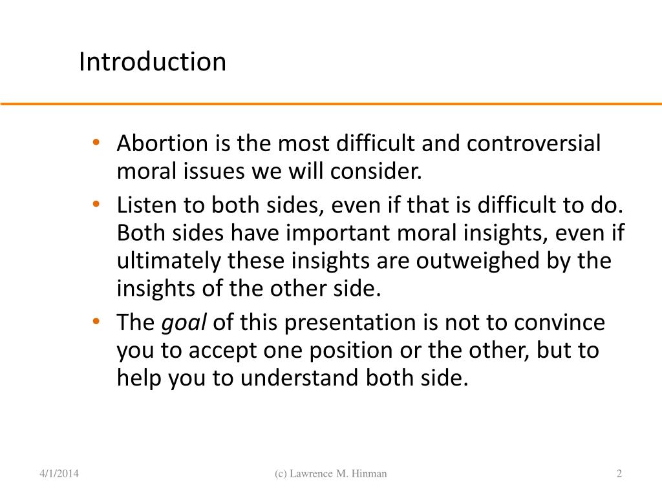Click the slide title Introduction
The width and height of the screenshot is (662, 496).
click(x=153, y=62)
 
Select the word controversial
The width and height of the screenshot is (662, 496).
click(x=534, y=143)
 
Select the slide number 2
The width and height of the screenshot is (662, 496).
click(x=619, y=474)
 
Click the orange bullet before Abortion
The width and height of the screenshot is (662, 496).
click(x=96, y=143)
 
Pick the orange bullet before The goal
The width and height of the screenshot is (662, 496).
click(x=96, y=321)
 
